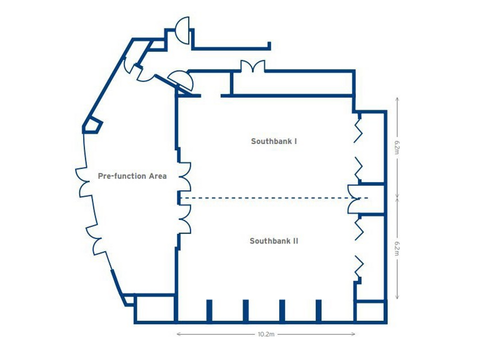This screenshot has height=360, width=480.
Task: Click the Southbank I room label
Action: coord(274,141)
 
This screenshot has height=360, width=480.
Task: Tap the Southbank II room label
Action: coord(274,241)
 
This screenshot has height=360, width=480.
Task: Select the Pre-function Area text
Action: coord(132,176)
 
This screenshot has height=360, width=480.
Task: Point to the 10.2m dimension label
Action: coord(266,335)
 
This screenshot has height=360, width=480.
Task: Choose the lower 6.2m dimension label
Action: coord(397,248)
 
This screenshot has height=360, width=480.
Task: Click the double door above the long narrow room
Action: coord(253,67)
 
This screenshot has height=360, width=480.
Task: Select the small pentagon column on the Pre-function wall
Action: coord(93,126)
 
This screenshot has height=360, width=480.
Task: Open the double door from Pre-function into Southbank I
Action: coord(185,176)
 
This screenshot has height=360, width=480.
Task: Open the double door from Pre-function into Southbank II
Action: coord(185,219)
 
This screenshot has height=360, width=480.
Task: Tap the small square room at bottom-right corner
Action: coord(370,312)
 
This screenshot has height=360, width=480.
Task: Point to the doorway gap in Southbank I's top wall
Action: coord(211,95)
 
